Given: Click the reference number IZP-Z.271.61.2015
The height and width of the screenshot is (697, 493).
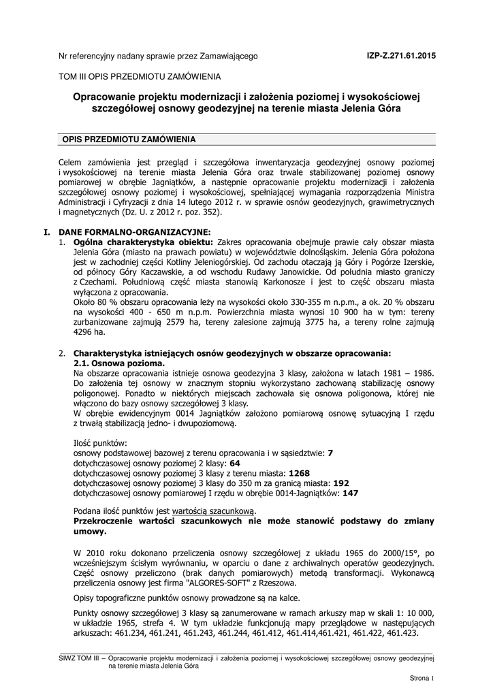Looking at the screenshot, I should pyautogui.click(x=401, y=56).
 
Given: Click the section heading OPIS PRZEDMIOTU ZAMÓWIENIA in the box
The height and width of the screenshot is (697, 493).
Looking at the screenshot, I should pyautogui.click(x=129, y=140).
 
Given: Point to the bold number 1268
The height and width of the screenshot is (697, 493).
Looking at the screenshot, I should pyautogui.click(x=300, y=472).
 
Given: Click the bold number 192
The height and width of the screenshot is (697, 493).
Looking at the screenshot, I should pyautogui.click(x=341, y=482).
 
